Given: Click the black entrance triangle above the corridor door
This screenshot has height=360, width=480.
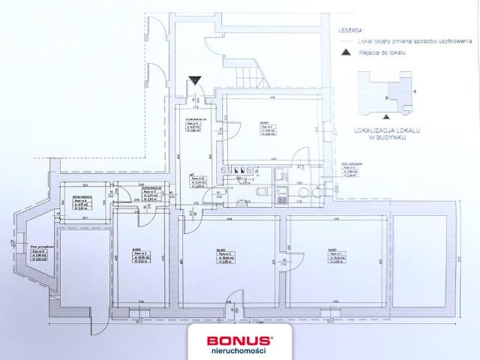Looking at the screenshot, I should click(195, 81).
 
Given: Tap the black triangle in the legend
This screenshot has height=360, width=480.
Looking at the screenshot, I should click(345, 53).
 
